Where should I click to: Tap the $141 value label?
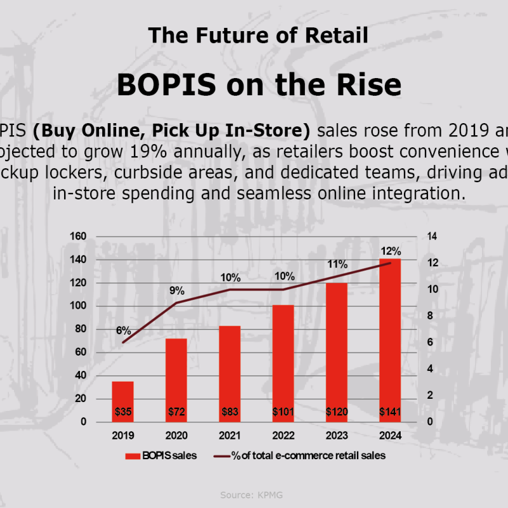coord(390,412)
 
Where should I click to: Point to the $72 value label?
coord(177,412)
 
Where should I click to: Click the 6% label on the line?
coord(123,331)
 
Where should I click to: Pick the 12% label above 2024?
coord(391,251)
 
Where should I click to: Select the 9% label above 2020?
coord(177,291)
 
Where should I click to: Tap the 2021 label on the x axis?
coord(230,437)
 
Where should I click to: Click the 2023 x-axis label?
coord(337,437)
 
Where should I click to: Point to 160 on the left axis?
coord(77,237)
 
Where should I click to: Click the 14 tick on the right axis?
coord(432,237)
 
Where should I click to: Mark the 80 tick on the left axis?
coord(80,329)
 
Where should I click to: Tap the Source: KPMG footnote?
coord(253,494)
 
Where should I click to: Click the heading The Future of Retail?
coord(258,35)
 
